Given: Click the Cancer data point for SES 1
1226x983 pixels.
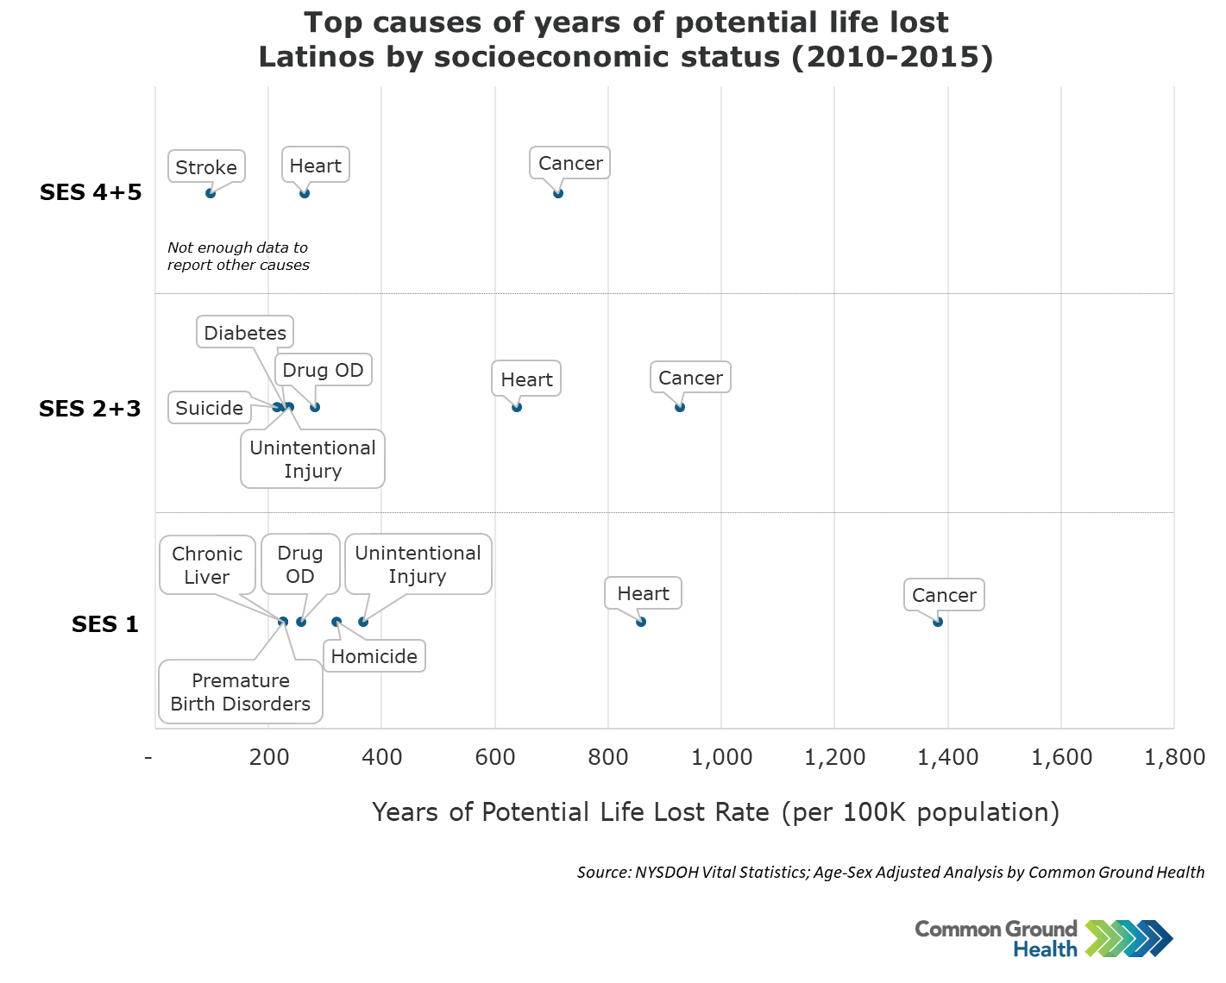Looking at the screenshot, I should coord(938,622).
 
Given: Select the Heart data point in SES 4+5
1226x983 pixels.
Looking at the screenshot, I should coord(305,193).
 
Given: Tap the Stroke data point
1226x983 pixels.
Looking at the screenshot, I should coord(211,193).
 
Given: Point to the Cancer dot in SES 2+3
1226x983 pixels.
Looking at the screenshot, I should coord(680,407).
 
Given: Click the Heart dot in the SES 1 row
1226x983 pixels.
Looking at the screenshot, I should coord(641,622).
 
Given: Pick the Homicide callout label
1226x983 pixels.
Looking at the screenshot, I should coord(374,656).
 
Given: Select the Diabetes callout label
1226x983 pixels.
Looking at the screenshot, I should coord(245,333).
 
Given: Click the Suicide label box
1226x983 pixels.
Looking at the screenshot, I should coord(210,408).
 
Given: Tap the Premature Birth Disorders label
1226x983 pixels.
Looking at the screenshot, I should coord(241,692).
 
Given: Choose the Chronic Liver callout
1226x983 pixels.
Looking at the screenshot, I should coord(207,566).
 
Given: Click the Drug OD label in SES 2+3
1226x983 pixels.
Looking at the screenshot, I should coord(324,370).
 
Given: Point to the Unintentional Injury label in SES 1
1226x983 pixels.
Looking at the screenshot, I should coord(418,565).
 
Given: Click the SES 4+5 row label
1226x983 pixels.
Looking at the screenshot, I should coord(91,192).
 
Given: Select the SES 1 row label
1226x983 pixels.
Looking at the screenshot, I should coord(105,624).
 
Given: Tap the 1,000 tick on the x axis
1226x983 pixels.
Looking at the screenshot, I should coord(722,757).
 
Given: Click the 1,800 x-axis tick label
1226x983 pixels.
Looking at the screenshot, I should coord(1174,757).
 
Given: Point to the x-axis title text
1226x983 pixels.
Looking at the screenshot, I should coord(715,812).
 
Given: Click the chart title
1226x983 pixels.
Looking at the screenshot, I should coord(626,40).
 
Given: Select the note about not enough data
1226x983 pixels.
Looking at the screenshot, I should coord(238,256).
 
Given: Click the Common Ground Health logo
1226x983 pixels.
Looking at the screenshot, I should coord(1043,939).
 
